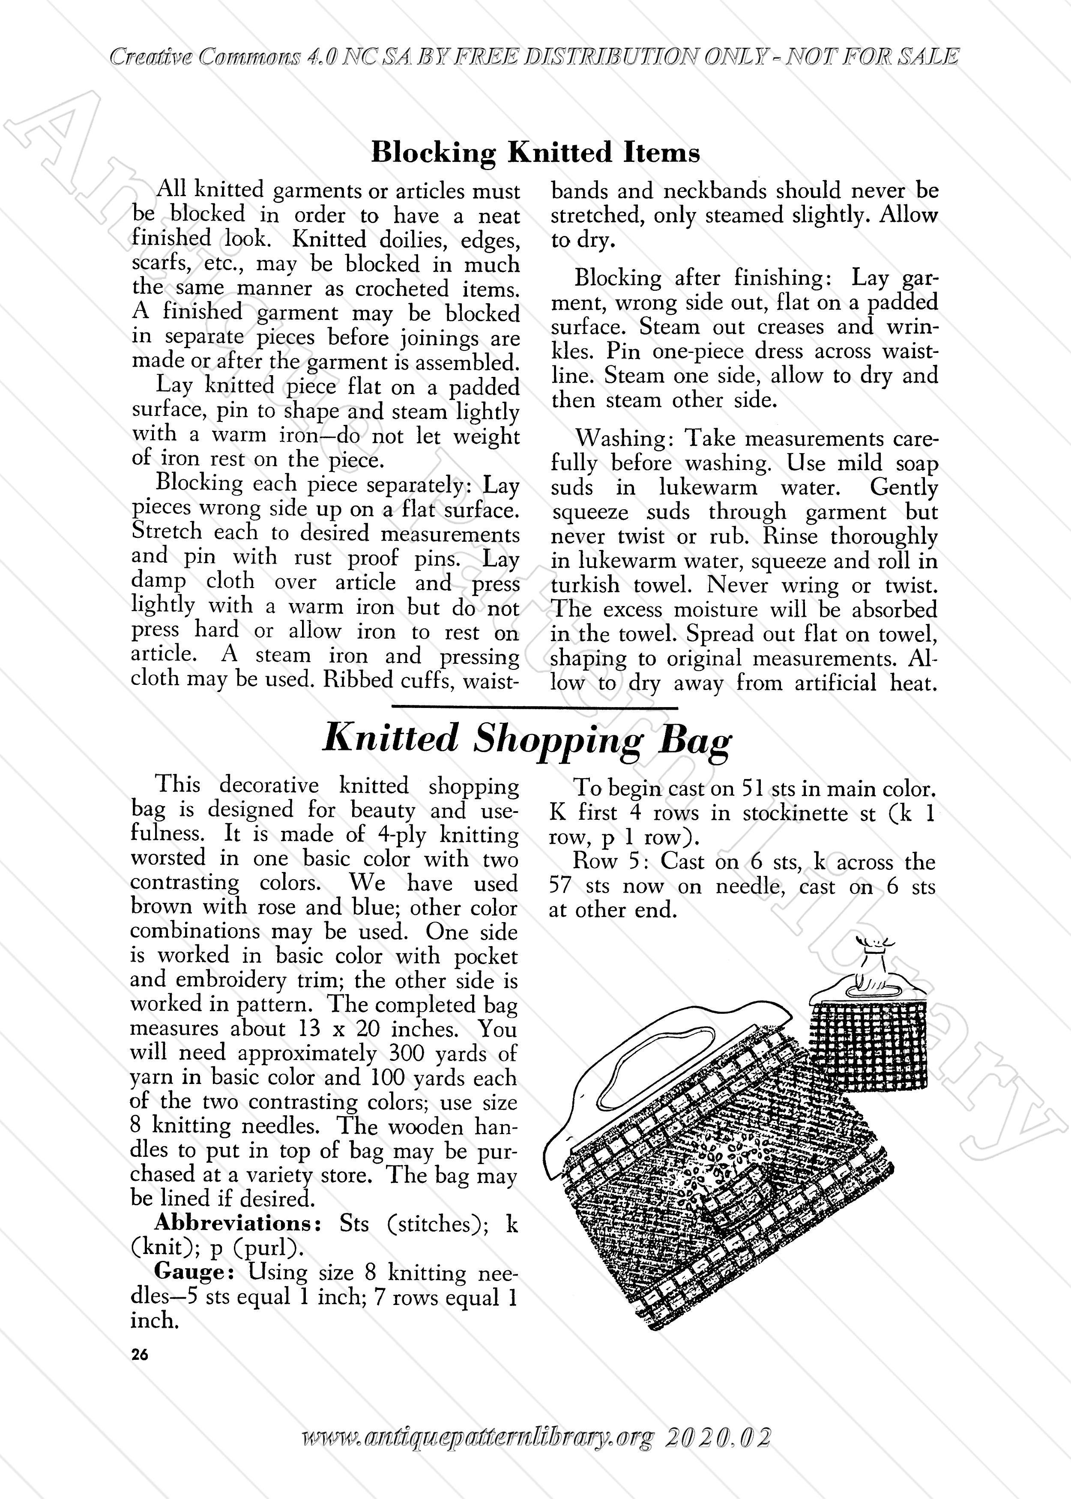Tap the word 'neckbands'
714,191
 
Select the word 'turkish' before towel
585,585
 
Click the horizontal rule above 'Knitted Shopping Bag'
535,707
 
